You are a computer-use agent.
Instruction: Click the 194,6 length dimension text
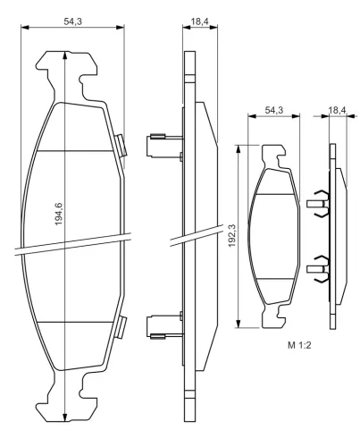point(59,214)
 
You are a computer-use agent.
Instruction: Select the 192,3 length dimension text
point(231,235)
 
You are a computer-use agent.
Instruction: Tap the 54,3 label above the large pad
point(73,21)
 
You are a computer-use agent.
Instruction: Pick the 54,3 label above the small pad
point(274,110)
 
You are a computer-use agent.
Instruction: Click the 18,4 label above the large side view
point(200,21)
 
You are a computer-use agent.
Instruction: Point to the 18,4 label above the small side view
point(337,110)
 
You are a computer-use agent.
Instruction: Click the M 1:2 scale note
point(299,345)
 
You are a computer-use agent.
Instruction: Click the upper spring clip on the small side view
point(318,203)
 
